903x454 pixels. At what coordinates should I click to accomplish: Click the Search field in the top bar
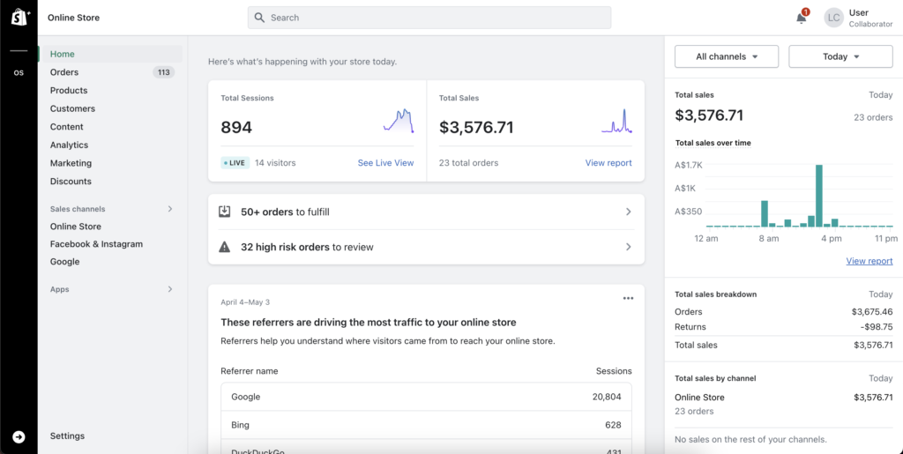[x=429, y=18]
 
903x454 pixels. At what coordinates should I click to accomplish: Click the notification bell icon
[x=801, y=18]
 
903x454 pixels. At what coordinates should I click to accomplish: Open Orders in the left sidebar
[x=64, y=72]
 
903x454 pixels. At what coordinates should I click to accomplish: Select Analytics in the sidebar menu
[x=69, y=145]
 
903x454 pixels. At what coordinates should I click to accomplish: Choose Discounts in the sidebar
[x=71, y=182]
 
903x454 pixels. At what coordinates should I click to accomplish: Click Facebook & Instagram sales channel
[x=96, y=244]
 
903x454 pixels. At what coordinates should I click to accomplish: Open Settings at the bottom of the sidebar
[x=67, y=436]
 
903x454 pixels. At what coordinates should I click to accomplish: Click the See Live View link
[x=385, y=163]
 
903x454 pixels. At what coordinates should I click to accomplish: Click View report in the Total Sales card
[x=608, y=163]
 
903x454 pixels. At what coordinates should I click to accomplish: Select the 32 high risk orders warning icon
[x=225, y=248]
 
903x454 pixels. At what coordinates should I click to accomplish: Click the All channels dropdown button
[x=727, y=56]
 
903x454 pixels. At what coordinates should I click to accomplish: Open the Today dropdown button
[x=840, y=56]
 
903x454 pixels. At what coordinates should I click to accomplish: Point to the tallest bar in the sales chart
[x=819, y=196]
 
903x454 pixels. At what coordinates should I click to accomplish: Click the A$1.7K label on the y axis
[x=688, y=165]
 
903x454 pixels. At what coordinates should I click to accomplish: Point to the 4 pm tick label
[x=831, y=239]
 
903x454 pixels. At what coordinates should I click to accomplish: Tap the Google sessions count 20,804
[x=612, y=398]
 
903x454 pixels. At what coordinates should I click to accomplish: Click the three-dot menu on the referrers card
[x=628, y=298]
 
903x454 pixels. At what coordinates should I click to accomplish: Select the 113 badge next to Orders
[x=163, y=72]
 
